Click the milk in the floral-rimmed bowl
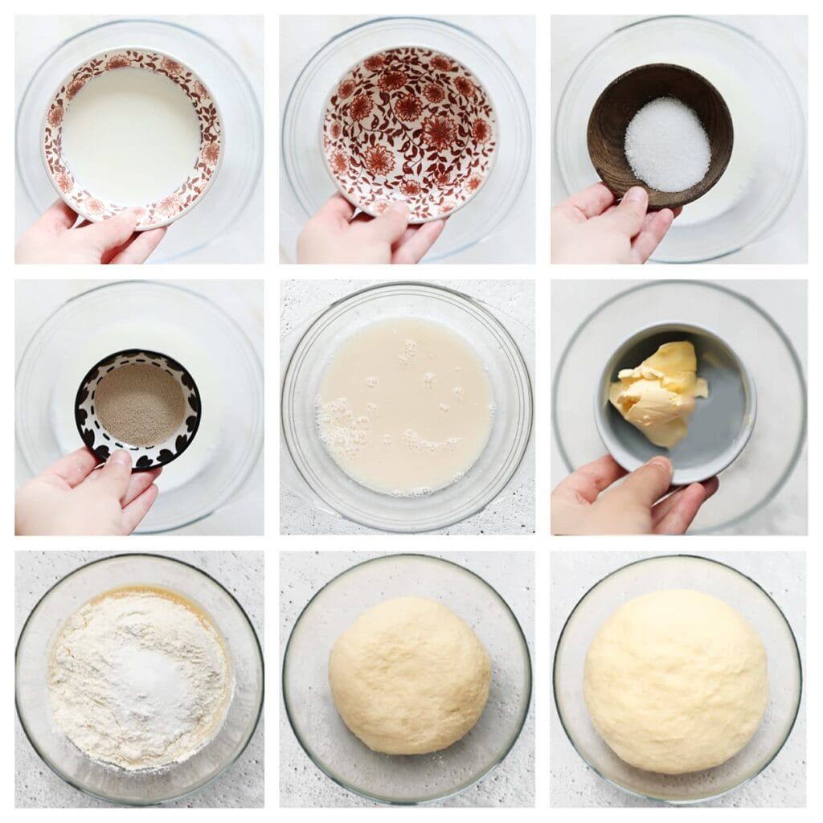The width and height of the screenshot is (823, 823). tap(130, 134)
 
